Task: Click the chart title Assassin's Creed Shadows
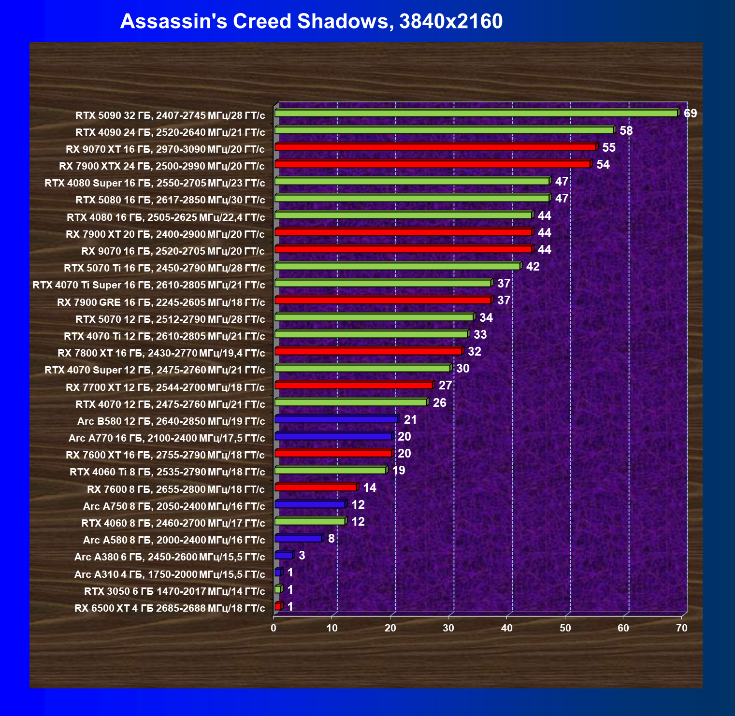(311, 21)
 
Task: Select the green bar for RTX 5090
(476, 113)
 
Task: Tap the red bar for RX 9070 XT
(435, 147)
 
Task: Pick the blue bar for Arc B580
(336, 419)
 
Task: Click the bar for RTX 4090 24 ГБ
(444, 130)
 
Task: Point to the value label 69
(690, 114)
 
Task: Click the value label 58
(626, 130)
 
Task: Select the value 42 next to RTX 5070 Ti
(533, 267)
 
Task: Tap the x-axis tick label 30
(448, 628)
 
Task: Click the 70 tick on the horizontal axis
(681, 628)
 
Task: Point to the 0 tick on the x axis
(274, 628)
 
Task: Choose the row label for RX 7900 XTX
(162, 166)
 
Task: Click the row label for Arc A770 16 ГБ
(167, 438)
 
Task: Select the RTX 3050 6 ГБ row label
(174, 591)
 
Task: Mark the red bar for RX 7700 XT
(354, 385)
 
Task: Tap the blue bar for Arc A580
(298, 538)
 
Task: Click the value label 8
(331, 538)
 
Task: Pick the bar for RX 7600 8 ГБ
(316, 487)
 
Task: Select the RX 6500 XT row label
(170, 608)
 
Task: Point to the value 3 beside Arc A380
(302, 556)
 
